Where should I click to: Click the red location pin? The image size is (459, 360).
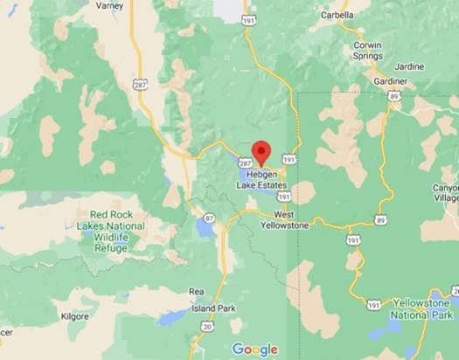pos(259,150)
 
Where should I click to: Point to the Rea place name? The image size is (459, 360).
pos(198,292)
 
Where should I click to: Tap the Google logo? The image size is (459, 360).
pos(254,350)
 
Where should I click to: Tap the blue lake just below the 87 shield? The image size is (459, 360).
pos(204,232)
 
